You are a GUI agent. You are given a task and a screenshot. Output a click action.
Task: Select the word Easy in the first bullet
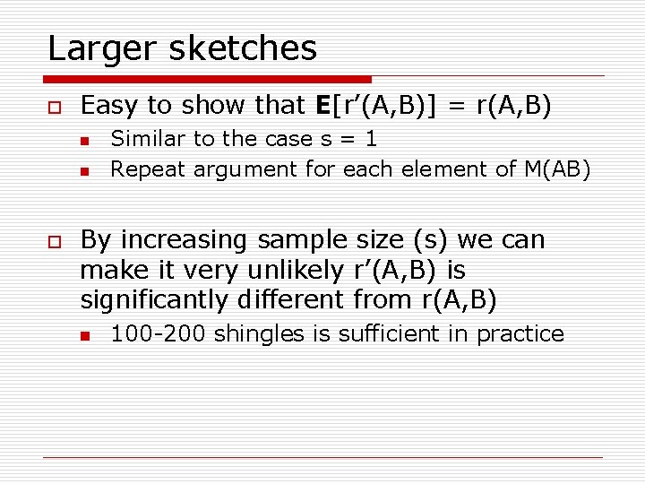(x=110, y=106)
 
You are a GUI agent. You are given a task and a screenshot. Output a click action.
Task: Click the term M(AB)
(x=555, y=169)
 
